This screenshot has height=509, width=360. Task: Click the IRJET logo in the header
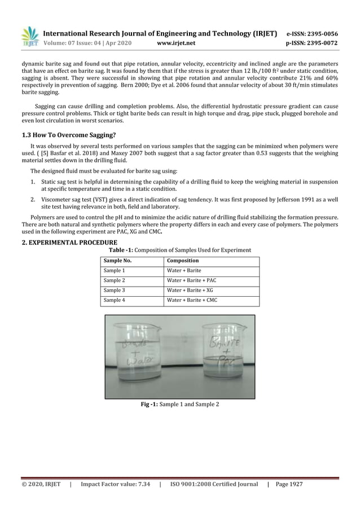click(30, 37)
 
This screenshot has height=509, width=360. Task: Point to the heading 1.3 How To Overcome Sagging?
click(68, 134)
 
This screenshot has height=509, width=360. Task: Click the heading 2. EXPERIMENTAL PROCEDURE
click(66, 243)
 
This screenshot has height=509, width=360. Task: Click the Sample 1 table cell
click(114, 271)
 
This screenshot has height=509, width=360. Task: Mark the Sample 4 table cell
click(114, 300)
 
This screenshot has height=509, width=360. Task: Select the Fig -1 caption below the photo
click(179, 406)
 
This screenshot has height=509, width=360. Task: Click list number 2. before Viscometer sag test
click(33, 200)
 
